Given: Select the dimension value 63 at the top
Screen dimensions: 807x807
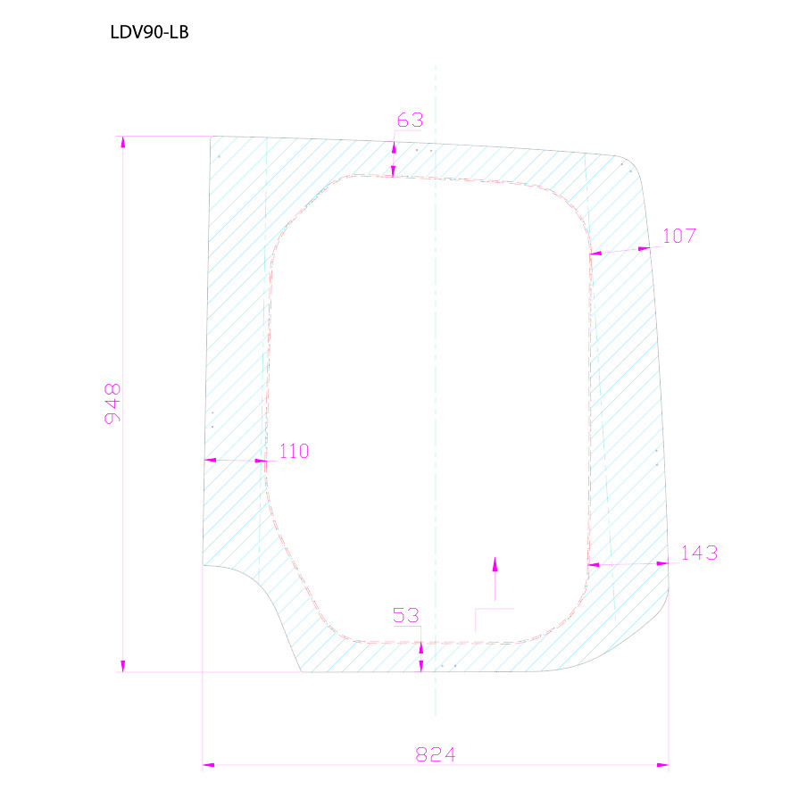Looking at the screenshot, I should tap(410, 120).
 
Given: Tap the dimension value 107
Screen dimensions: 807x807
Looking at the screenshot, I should tap(678, 237).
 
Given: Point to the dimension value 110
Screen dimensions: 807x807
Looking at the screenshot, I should tap(294, 451).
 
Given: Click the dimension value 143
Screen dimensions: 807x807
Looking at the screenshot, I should tap(699, 553).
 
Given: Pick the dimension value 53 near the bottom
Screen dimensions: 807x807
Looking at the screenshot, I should tap(405, 615).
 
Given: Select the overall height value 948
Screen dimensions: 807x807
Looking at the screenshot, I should tap(112, 403).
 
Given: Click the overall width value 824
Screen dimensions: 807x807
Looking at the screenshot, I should tap(436, 754).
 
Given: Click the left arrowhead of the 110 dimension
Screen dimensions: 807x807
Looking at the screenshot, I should tap(211, 461).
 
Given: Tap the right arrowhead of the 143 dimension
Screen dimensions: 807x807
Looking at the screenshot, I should tap(662, 563).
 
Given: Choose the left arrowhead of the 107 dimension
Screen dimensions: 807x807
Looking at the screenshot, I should tap(596, 254).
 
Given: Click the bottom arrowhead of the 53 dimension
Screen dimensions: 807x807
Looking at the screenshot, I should tap(420, 665).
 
